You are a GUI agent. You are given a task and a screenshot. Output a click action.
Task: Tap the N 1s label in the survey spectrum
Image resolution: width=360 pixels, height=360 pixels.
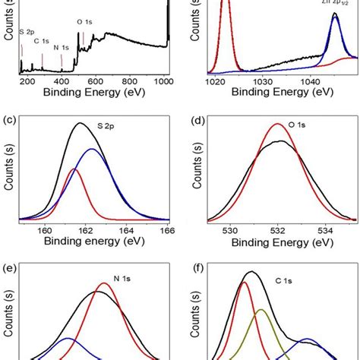click(62, 48)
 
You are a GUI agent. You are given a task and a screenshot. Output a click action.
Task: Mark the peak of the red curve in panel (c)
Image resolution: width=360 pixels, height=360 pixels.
click(74, 169)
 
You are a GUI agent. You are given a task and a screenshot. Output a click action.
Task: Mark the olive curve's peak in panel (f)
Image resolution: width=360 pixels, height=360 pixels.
click(260, 310)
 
